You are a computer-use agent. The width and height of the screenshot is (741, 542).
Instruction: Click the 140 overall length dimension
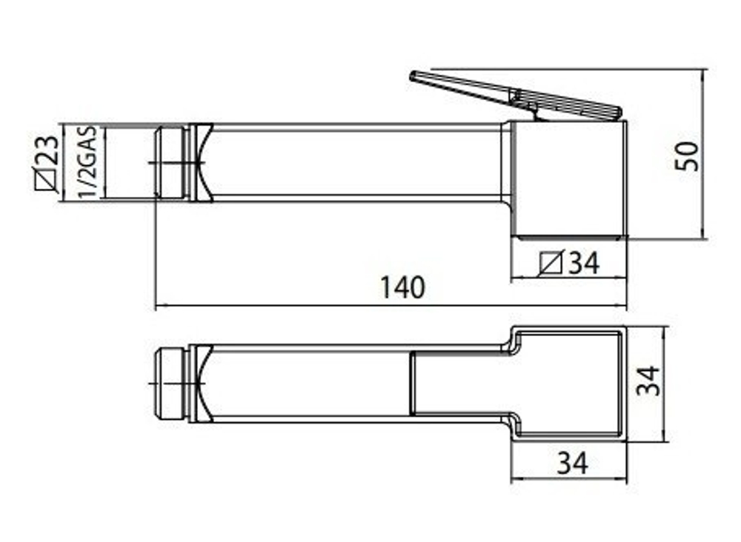[x=402, y=287]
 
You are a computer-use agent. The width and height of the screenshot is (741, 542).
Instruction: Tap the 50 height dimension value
[x=687, y=155]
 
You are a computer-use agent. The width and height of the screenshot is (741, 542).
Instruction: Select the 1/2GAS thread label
[x=88, y=162]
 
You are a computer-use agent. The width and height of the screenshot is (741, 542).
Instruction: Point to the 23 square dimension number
[x=47, y=150]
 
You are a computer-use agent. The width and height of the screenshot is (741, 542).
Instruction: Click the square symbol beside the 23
[x=47, y=180]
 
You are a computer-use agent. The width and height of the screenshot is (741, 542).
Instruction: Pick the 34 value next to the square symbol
[x=584, y=263]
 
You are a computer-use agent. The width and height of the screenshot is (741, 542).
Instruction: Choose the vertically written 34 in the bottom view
[x=648, y=381]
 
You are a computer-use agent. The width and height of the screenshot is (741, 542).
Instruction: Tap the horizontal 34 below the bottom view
[x=573, y=463]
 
